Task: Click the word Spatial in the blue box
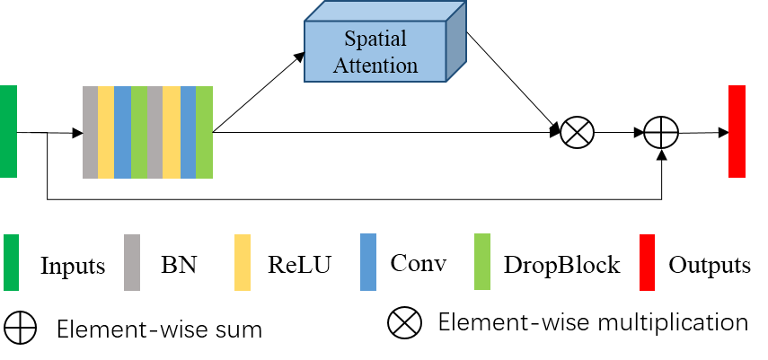tap(375, 40)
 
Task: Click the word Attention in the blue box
tap(375, 65)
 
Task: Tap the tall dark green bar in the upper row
tap(8, 131)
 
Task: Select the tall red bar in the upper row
tap(737, 131)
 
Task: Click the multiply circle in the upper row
tap(577, 133)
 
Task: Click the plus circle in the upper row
tap(660, 133)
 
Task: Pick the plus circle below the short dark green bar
tap(20, 328)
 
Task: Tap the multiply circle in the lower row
tap(404, 322)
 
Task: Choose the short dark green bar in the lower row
tap(11, 262)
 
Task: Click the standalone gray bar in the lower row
tap(132, 262)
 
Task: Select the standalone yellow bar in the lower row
tap(243, 262)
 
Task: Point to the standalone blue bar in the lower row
tap(368, 261)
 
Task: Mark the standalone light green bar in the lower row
tap(482, 261)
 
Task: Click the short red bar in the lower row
tap(647, 262)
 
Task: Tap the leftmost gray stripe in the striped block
tap(90, 132)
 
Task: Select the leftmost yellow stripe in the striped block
tap(106, 132)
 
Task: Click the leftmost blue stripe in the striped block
tap(123, 132)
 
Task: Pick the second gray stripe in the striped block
tap(154, 132)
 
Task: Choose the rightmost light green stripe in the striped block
tap(204, 132)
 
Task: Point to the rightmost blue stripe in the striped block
tap(188, 132)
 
